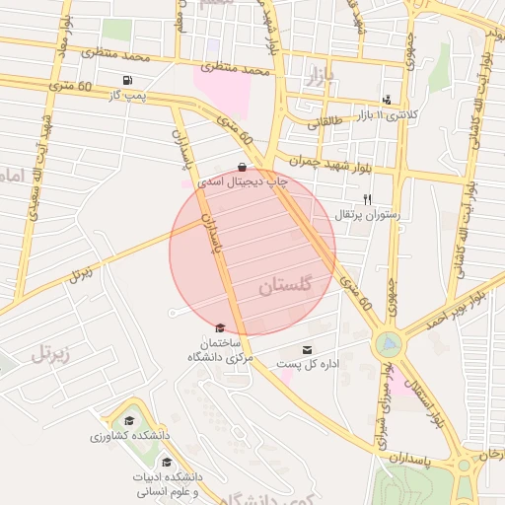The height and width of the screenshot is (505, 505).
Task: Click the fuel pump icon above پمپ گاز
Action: pos(127,80)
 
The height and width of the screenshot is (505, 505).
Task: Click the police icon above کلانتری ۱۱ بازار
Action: pos(387,100)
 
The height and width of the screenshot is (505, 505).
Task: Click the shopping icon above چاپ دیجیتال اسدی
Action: pos(243,167)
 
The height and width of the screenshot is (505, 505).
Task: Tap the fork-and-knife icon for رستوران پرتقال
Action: pos(367,199)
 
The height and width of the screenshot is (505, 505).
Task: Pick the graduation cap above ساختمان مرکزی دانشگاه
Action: pos(219,328)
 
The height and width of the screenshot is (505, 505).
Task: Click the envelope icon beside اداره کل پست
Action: pos(307,350)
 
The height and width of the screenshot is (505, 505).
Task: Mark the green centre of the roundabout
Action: pos(388,343)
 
